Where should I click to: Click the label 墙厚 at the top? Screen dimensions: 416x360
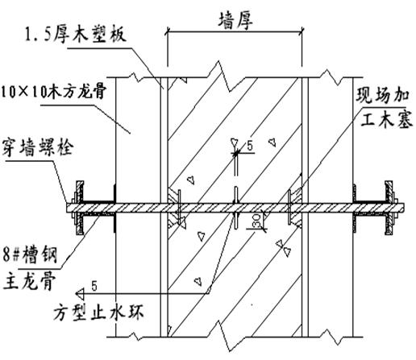point(235,21)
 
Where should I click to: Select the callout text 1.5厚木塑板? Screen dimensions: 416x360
point(75,35)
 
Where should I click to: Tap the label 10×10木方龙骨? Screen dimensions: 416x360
point(53,92)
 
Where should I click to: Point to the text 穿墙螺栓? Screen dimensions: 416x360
point(38,148)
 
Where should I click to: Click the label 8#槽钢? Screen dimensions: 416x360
point(30,255)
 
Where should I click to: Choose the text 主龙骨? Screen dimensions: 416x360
point(29,280)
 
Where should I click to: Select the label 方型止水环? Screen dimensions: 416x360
point(98,312)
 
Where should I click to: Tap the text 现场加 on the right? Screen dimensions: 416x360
point(383,96)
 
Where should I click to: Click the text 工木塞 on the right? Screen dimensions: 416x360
point(386,119)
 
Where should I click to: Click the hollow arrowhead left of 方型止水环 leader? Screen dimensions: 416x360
point(80,294)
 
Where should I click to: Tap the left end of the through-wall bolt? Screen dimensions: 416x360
point(67,208)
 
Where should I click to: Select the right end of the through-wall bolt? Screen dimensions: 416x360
point(403,208)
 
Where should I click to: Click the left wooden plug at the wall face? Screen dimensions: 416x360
point(173,208)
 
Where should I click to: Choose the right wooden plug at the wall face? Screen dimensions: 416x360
point(297,208)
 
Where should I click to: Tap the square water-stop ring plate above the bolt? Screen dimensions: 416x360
point(236,194)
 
